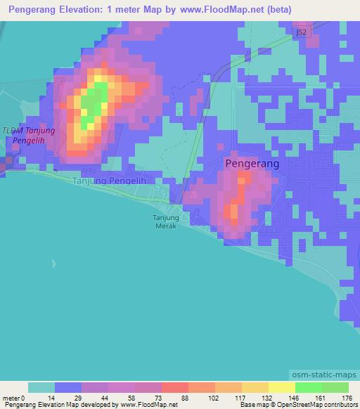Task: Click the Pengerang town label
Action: [252, 163]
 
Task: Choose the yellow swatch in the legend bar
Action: [281, 388]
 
